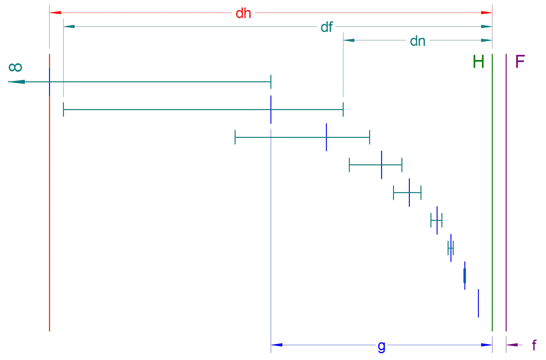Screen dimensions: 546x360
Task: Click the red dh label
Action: pos(243,13)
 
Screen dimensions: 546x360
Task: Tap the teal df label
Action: pos(327,27)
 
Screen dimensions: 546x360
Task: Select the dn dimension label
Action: pos(418,41)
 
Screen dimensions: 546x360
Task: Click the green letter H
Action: pos(478,62)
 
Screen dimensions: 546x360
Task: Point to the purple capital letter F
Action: pos(520,61)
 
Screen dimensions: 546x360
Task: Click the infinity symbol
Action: pos(15,67)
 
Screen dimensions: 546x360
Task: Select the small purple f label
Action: pos(534,345)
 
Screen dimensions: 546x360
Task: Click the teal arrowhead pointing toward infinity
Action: pos(16,82)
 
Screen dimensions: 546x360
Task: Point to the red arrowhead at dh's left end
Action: pos(55,13)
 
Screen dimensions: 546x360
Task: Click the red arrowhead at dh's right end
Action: pos(487,13)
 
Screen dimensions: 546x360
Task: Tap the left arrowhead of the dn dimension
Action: pos(349,40)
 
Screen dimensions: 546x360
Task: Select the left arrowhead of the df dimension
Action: pos(69,26)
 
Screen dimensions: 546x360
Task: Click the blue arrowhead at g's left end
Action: pos(277,345)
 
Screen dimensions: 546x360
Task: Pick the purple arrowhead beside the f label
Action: pos(512,345)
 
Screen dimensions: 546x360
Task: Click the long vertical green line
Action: pos(492,192)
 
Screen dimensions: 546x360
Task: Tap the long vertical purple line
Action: pos(506,192)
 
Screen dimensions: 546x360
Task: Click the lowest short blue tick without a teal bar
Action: pos(478,303)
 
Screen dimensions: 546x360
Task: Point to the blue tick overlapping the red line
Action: pos(49,82)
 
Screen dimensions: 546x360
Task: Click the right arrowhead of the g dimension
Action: pos(487,345)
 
